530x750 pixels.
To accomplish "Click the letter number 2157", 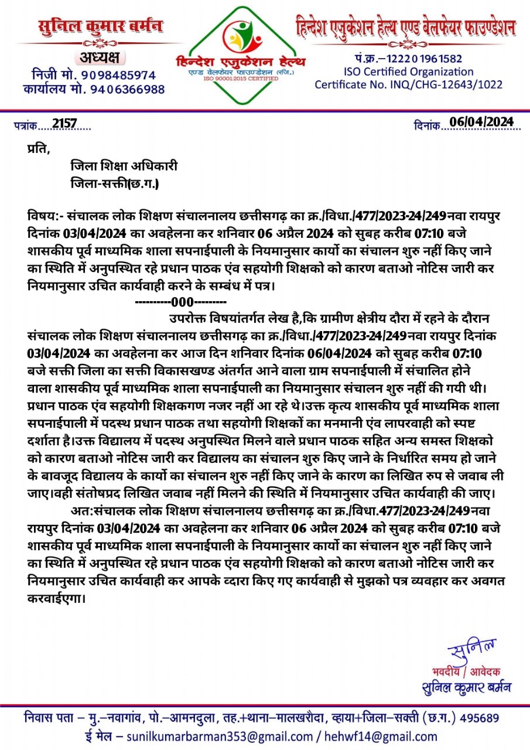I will click(x=64, y=124).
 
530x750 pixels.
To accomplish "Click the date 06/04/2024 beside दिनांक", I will click(x=481, y=122).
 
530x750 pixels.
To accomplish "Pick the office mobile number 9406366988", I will click(x=128, y=90).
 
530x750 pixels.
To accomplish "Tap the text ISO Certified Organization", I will click(x=409, y=71).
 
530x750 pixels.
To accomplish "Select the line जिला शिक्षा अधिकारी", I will click(x=124, y=166).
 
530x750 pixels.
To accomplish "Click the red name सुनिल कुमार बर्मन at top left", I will click(x=100, y=27).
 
